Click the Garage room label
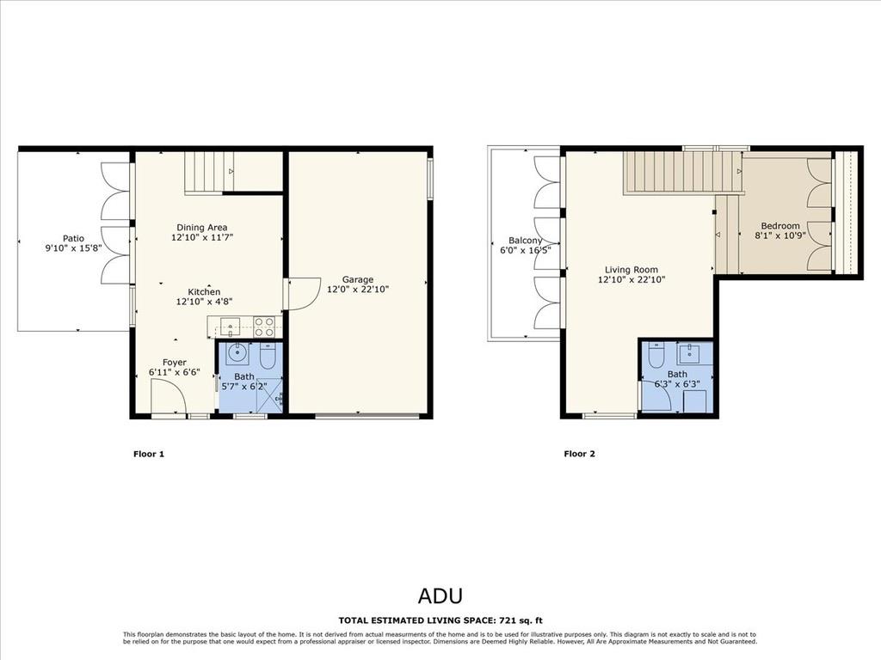(x=358, y=279)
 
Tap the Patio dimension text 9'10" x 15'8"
(x=73, y=248)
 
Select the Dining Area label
(x=202, y=227)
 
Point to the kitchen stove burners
(x=264, y=327)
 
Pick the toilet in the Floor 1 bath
(x=268, y=357)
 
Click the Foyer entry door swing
(x=169, y=397)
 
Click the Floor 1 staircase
(x=209, y=173)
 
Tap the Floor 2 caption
(x=579, y=454)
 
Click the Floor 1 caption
(x=149, y=454)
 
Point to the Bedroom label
(x=780, y=226)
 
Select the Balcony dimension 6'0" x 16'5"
(x=526, y=250)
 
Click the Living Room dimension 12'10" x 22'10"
(x=631, y=279)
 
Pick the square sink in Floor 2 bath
(x=689, y=354)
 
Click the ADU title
(x=440, y=596)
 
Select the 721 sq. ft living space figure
(x=521, y=620)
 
